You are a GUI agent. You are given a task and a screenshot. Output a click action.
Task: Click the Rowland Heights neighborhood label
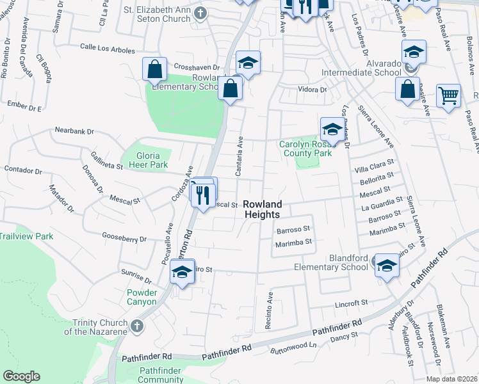[263, 209]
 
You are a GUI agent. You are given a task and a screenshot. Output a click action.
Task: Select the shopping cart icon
[448, 96]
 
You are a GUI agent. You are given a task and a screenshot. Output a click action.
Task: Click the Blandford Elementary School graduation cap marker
[387, 266]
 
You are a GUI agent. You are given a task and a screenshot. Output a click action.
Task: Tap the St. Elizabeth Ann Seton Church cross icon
[201, 12]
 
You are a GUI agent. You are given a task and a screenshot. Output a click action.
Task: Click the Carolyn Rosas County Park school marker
[331, 130]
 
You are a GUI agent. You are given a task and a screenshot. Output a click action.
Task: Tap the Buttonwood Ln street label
[295, 345]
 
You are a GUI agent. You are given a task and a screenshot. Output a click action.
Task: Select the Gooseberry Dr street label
[125, 238]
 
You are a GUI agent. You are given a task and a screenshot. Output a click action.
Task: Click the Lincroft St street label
[353, 301]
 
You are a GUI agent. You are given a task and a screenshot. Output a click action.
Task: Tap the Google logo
[21, 376]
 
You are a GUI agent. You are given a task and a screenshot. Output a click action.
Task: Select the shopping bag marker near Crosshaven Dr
[155, 70]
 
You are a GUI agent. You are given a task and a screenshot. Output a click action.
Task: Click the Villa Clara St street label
[374, 169]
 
